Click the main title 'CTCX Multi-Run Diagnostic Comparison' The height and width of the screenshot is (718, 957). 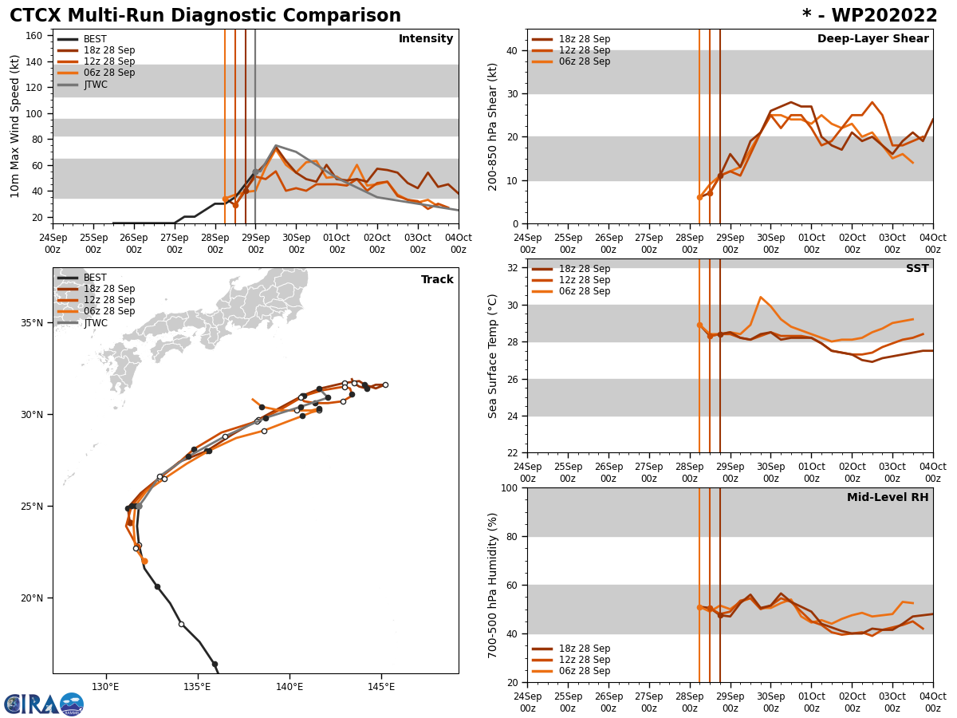[205, 16]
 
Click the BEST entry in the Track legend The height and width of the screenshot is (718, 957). [95, 278]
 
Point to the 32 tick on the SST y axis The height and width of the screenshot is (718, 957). [514, 268]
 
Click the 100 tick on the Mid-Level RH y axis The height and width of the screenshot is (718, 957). [510, 487]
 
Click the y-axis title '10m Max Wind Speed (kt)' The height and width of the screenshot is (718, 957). [15, 126]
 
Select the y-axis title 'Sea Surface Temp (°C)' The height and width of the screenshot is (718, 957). [493, 356]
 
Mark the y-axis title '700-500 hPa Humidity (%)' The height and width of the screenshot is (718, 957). [493, 585]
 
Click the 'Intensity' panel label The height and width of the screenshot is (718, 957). [426, 39]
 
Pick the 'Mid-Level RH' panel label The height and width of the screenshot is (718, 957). [888, 498]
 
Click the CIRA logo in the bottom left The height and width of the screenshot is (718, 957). [44, 704]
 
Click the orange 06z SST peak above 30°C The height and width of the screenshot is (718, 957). [760, 297]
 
